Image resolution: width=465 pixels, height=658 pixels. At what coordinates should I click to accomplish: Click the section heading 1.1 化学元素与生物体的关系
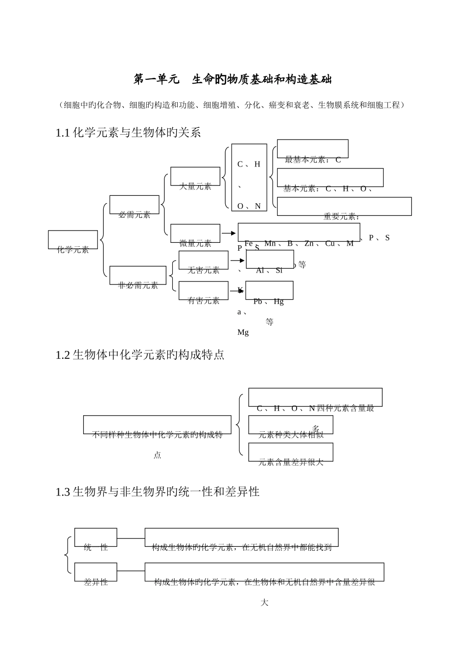pyautogui.click(x=128, y=133)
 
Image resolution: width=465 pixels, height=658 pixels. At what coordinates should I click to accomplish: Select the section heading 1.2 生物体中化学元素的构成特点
pyautogui.click(x=140, y=355)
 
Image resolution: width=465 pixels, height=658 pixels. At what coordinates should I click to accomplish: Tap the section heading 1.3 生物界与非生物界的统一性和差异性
pyautogui.click(x=158, y=492)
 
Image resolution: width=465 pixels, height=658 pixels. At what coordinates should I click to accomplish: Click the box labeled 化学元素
pyautogui.click(x=73, y=240)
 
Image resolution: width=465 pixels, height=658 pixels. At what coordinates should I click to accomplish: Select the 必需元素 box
pyautogui.click(x=135, y=205)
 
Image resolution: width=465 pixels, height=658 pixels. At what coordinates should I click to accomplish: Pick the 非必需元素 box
pyautogui.click(x=138, y=276)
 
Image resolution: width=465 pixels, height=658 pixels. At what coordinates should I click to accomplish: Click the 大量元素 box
pyautogui.click(x=195, y=177)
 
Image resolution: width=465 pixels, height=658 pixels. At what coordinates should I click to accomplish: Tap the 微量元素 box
pyautogui.click(x=195, y=234)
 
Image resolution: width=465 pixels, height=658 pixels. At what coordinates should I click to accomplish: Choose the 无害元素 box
pyautogui.click(x=204, y=260)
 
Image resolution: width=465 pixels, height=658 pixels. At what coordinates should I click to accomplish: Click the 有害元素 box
pyautogui.click(x=204, y=291)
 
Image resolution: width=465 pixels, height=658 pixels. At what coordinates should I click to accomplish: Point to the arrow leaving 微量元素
pyautogui.click(x=229, y=234)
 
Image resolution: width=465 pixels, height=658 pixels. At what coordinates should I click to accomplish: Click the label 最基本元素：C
pyautogui.click(x=312, y=160)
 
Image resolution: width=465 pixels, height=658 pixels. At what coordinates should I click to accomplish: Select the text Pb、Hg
pyautogui.click(x=268, y=302)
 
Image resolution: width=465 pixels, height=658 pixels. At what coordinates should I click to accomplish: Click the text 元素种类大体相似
pyautogui.click(x=291, y=434)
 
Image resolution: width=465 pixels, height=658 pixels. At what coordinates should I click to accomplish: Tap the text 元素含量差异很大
pyautogui.click(x=291, y=462)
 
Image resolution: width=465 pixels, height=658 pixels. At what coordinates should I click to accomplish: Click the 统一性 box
pyautogui.click(x=96, y=538)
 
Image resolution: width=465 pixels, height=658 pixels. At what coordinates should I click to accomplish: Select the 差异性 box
pyautogui.click(x=96, y=572)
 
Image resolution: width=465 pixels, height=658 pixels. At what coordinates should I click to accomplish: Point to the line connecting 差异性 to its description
pyautogui.click(x=131, y=571)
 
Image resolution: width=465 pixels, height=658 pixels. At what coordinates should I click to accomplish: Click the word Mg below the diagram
pyautogui.click(x=243, y=333)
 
